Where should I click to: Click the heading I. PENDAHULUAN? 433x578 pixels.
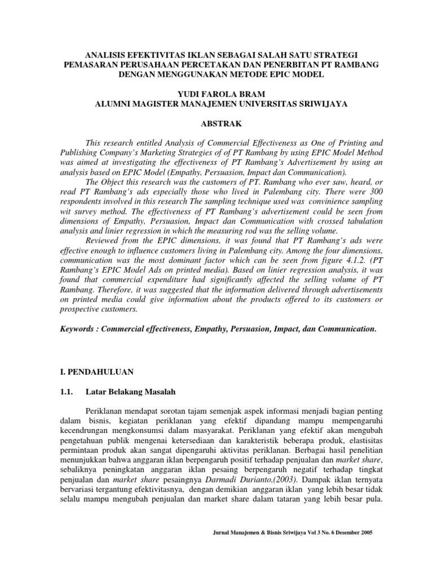click(x=96, y=372)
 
